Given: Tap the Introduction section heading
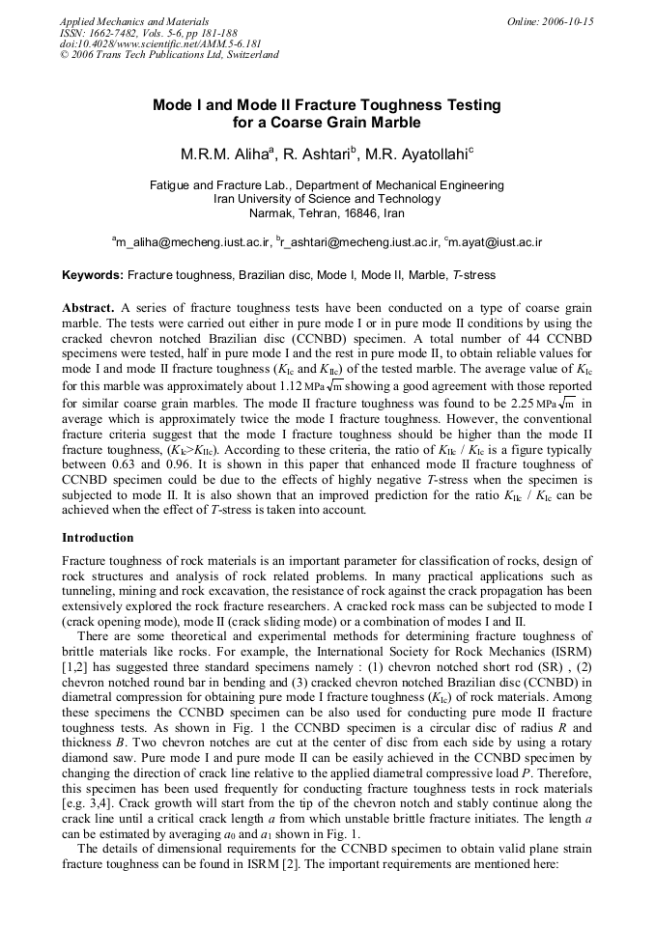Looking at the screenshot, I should tap(98, 537).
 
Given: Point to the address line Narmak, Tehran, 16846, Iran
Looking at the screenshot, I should tap(327, 213).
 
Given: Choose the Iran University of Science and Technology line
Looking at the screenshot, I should tap(327, 199).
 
